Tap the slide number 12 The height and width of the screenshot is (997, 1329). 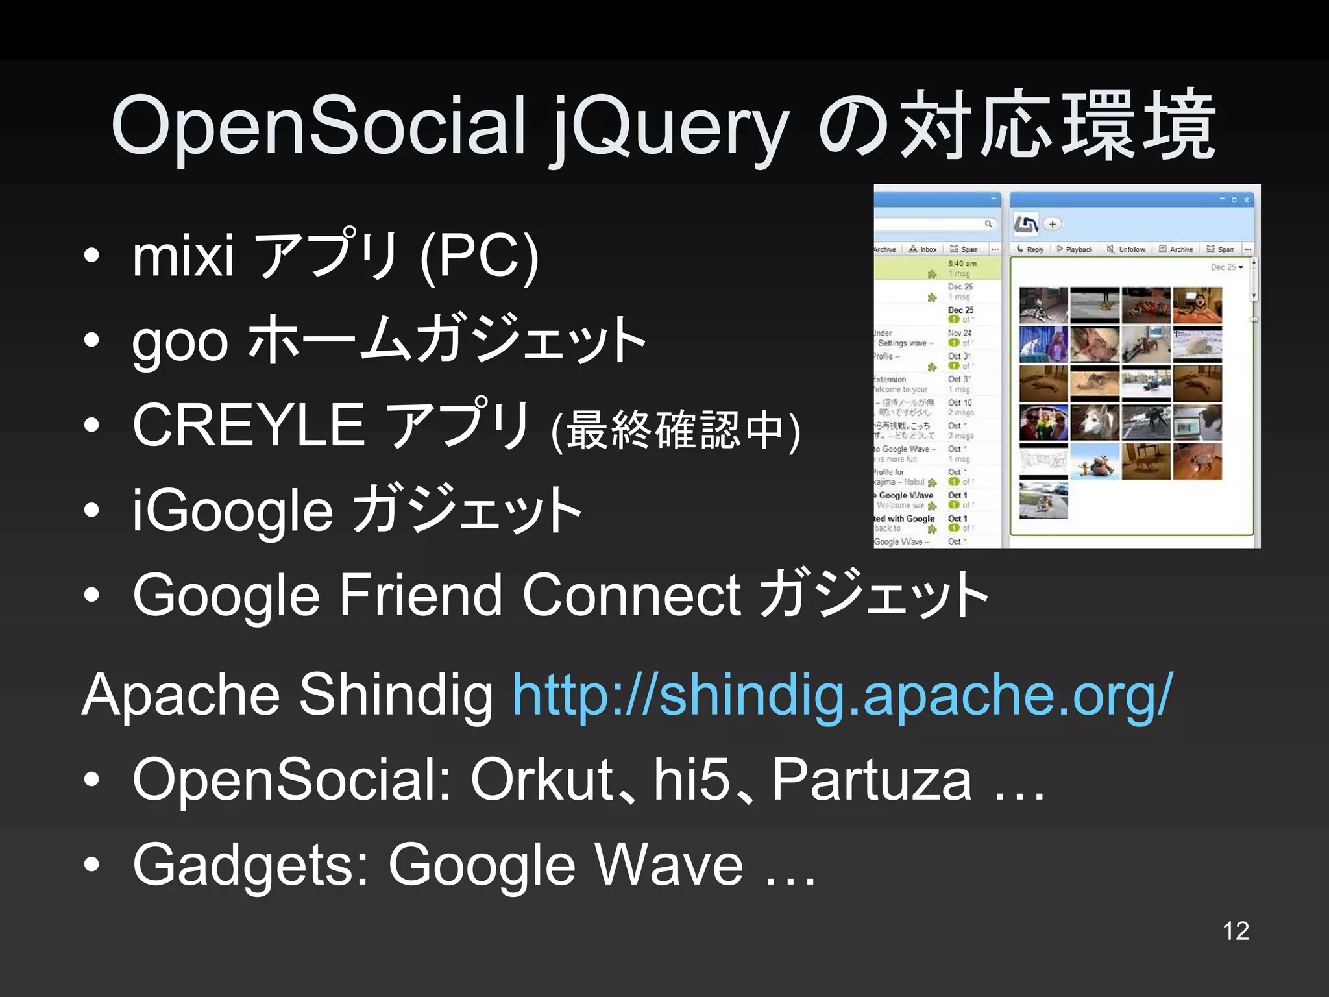click(x=1236, y=931)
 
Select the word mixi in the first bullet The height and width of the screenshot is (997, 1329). click(x=183, y=256)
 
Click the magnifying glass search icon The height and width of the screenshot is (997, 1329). click(x=988, y=224)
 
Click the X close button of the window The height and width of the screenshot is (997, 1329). click(x=1246, y=200)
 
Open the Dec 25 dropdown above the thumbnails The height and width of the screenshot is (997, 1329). click(x=1226, y=267)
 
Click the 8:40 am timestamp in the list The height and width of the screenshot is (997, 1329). click(x=962, y=264)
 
